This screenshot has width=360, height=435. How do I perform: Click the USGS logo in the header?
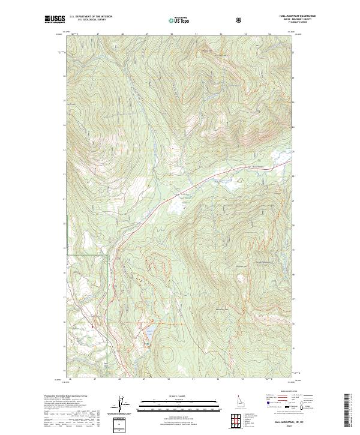[52, 20]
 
